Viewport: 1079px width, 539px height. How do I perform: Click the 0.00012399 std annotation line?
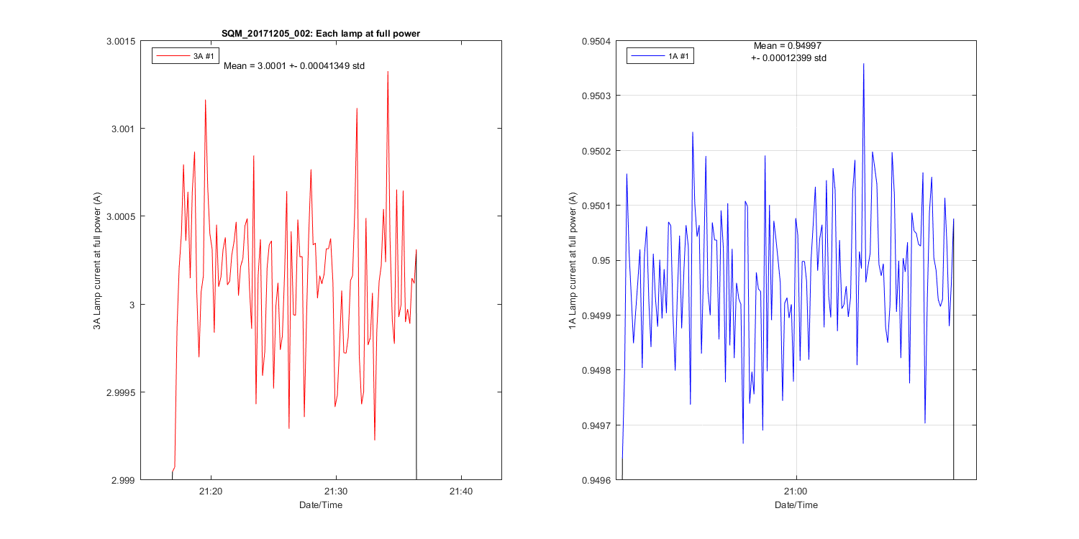(x=788, y=57)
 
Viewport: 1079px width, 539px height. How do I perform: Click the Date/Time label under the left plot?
(x=321, y=505)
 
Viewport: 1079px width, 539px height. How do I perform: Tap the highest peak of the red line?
(x=388, y=72)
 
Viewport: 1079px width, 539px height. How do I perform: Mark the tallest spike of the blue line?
(x=863, y=64)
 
